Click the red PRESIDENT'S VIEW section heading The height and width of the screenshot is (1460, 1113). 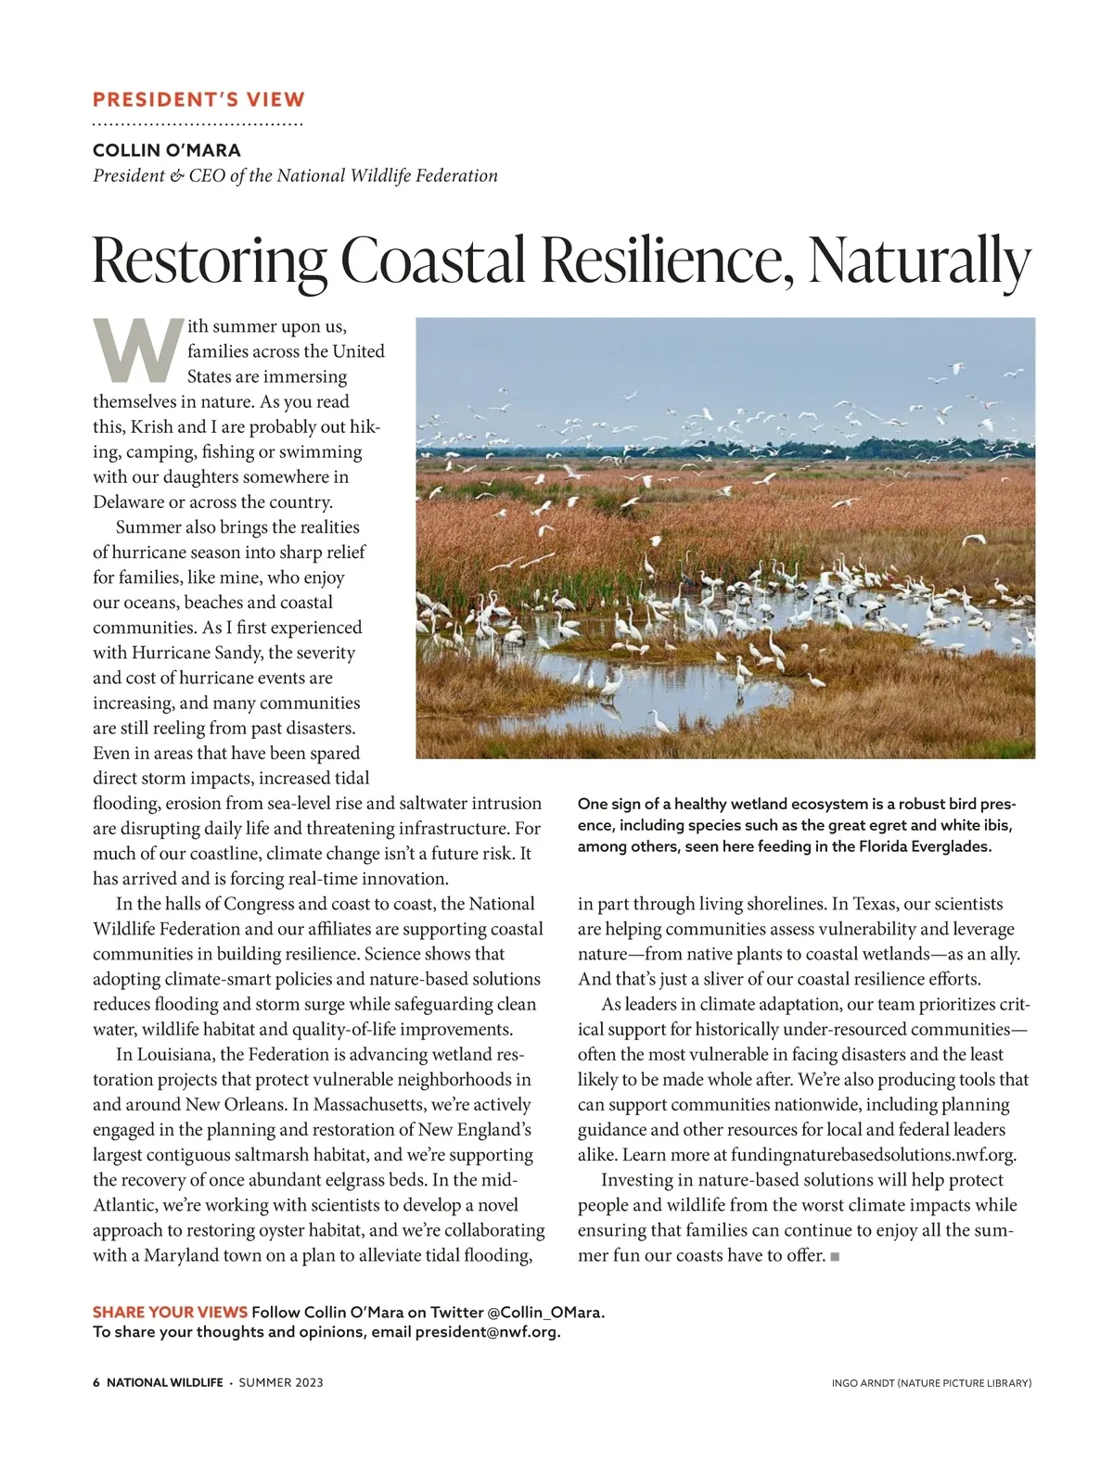198,99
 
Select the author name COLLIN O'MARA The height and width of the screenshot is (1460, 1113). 167,150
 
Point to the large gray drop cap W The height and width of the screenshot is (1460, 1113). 137,350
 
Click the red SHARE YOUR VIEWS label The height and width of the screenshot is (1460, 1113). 170,1312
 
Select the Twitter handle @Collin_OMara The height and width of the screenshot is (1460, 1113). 544,1312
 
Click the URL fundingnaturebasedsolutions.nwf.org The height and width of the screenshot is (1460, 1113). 873,1155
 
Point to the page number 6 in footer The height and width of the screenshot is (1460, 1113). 96,1382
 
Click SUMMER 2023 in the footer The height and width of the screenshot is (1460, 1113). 281,1382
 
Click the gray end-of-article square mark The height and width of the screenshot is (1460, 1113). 835,1256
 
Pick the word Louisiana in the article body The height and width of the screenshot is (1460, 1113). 175,1055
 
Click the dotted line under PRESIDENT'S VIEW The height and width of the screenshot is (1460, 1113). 198,123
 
